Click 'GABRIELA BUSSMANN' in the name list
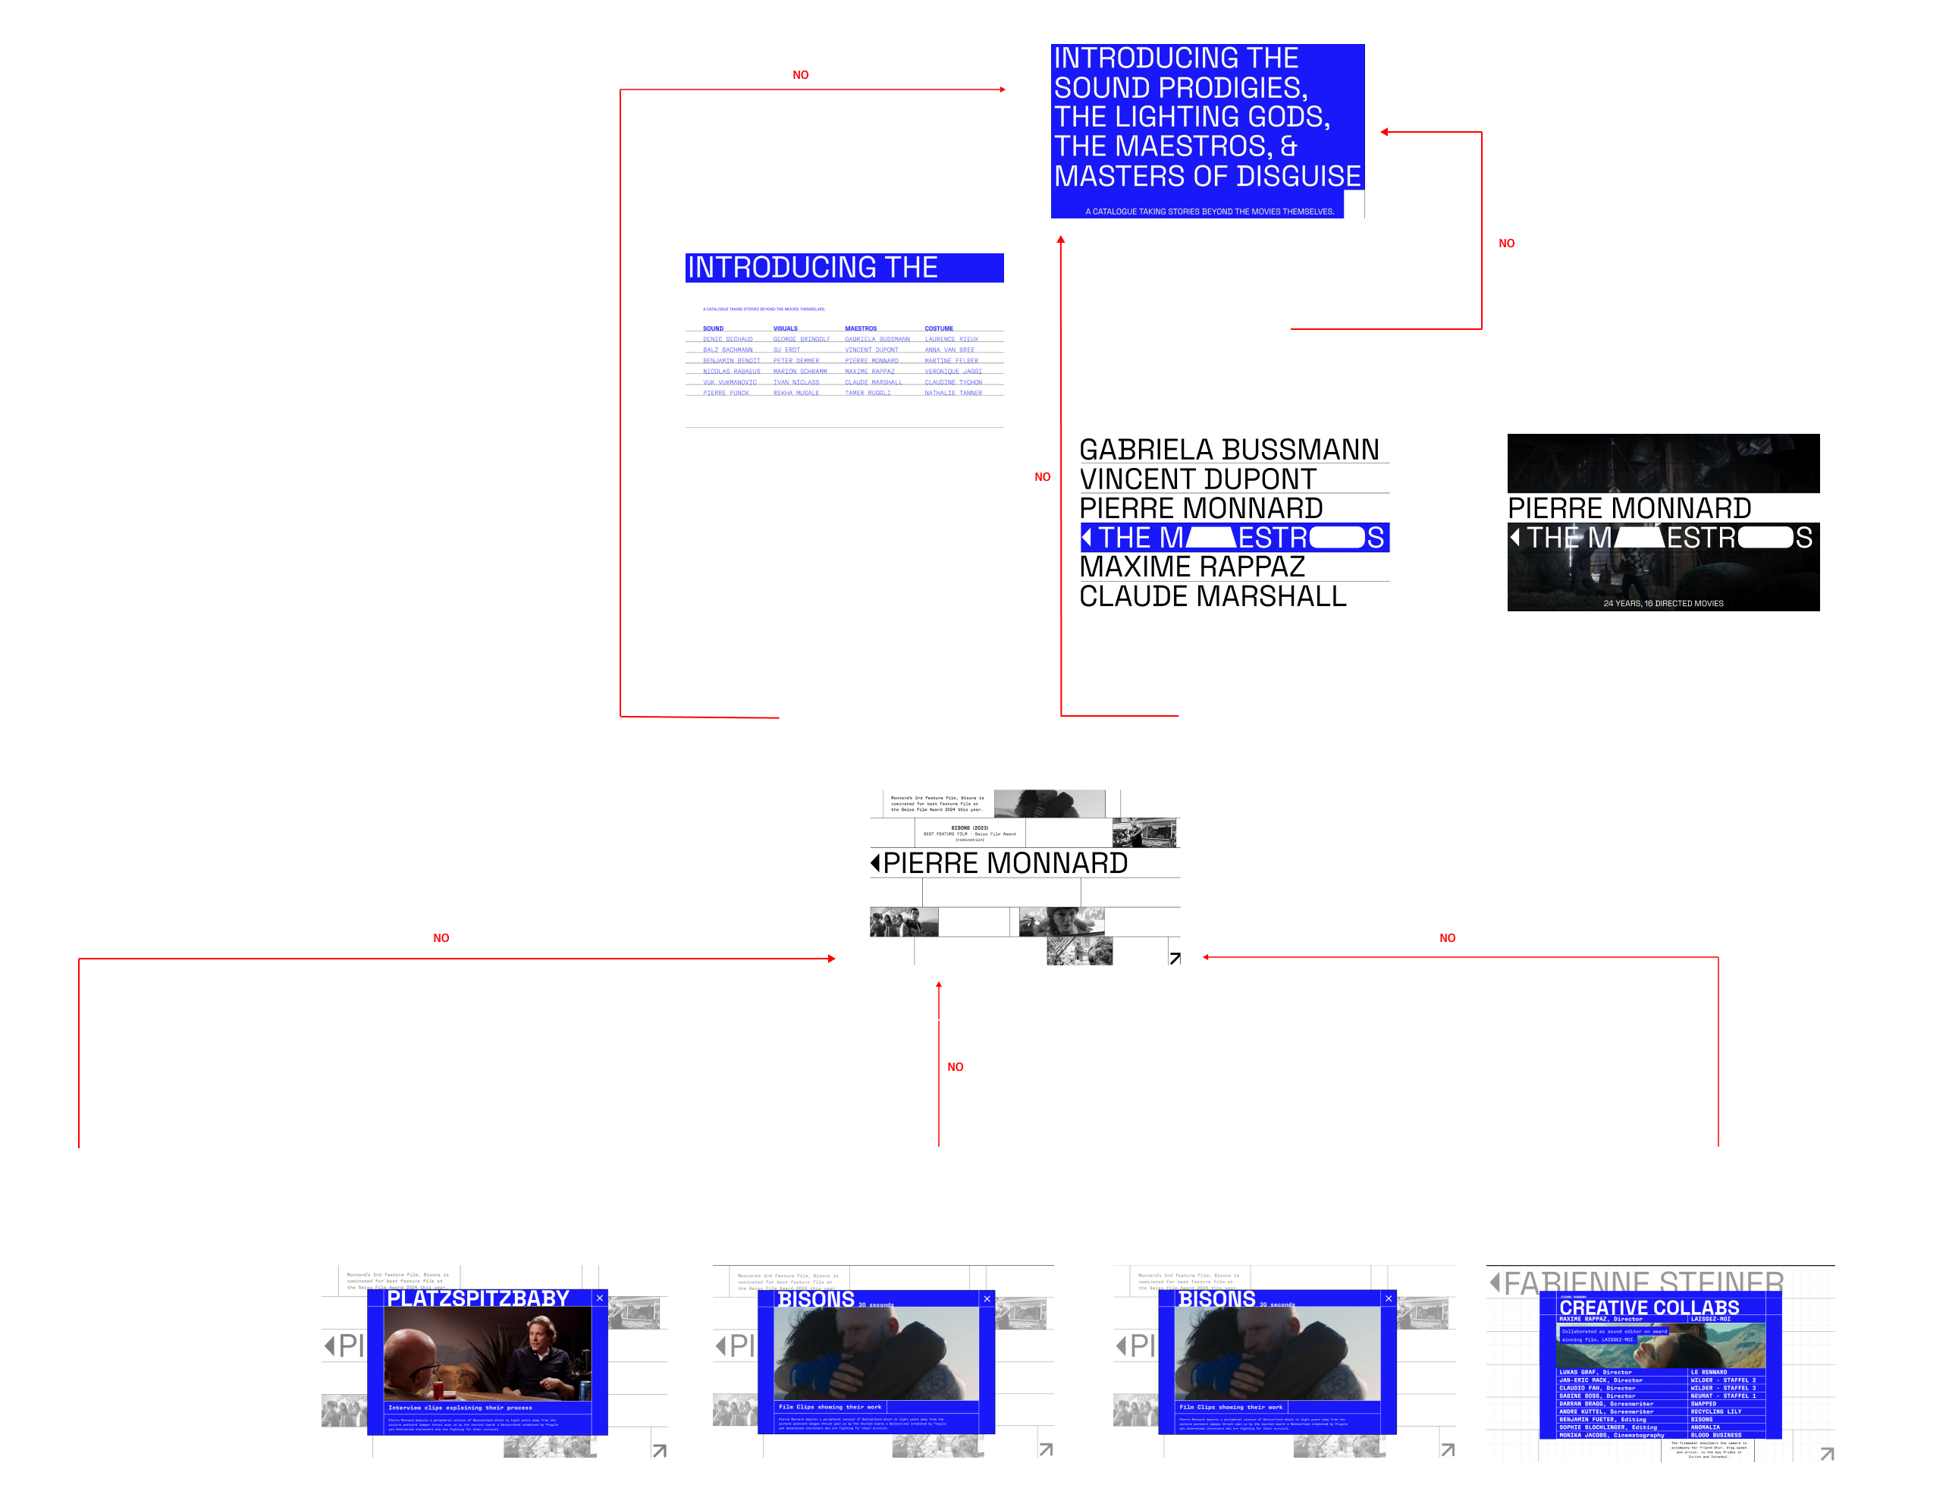[x=1229, y=450]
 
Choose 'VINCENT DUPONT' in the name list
[x=1197, y=479]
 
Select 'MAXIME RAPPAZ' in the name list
[x=1191, y=567]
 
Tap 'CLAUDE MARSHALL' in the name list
[x=1213, y=597]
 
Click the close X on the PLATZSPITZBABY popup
[x=599, y=1298]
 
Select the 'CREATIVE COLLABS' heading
[x=1649, y=1308]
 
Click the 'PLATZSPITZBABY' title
[x=479, y=1298]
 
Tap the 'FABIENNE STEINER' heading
[x=1643, y=1282]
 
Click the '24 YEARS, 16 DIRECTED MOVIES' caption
[x=1662, y=604]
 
